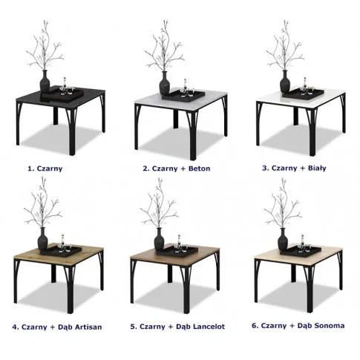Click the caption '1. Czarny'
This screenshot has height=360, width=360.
[x=45, y=168]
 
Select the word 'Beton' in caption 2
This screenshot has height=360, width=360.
[x=199, y=168]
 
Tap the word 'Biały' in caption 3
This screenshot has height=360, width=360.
[x=317, y=168]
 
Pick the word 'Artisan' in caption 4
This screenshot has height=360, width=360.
[x=88, y=327]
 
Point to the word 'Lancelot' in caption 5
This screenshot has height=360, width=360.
[x=209, y=327]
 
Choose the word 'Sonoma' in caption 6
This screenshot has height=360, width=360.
[x=330, y=326]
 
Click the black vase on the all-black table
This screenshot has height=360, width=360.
[x=45, y=82]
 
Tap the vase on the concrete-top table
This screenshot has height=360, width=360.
[x=165, y=83]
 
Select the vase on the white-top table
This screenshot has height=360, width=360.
[x=285, y=82]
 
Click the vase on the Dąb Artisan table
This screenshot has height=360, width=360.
[x=42, y=239]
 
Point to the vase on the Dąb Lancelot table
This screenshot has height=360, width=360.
[x=159, y=239]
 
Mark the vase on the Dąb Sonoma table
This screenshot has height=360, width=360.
[x=283, y=239]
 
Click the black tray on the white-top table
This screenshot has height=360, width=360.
[x=303, y=93]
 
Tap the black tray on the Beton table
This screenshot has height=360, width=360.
[x=183, y=94]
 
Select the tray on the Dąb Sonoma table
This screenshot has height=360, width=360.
[x=301, y=251]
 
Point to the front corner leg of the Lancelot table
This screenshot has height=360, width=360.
[x=186, y=289]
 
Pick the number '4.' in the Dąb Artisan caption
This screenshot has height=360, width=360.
[x=16, y=327]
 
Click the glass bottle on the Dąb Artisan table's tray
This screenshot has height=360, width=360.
[x=62, y=239]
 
